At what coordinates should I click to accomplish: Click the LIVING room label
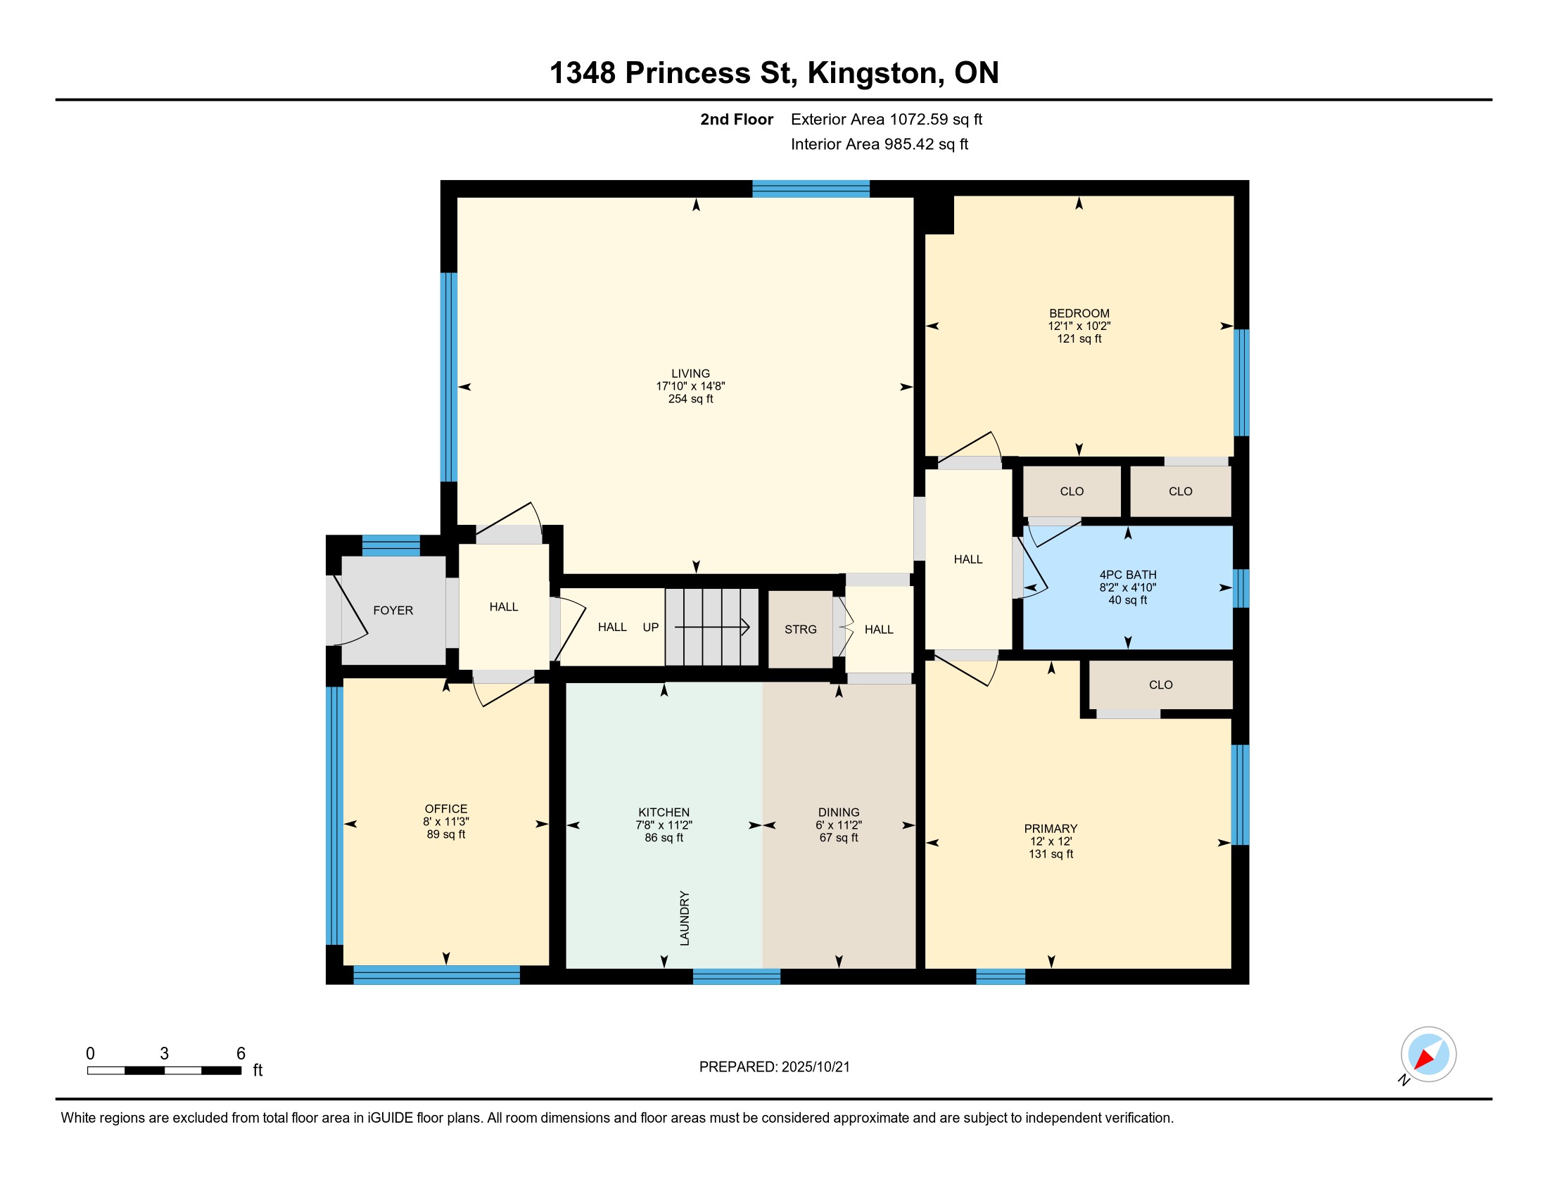coord(690,374)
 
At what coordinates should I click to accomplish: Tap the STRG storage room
coord(800,629)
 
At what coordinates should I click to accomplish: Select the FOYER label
coord(393,610)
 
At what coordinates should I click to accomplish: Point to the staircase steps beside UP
coord(711,627)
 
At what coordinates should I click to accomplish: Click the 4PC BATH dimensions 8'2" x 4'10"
coord(1128,587)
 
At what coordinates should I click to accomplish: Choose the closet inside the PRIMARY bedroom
coord(1160,685)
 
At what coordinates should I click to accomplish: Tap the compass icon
coord(1428,1055)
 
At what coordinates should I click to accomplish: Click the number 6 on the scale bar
coord(241,1054)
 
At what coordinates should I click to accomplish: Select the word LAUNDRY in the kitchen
coord(685,918)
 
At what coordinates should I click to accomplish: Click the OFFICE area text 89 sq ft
coord(446,834)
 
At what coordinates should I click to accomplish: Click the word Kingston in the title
coord(876,73)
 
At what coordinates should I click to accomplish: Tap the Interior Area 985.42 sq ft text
coord(880,144)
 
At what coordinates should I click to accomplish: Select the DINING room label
coord(839,812)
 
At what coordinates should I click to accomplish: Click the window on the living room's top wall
coord(811,189)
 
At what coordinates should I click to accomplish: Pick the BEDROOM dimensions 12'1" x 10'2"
coord(1079,326)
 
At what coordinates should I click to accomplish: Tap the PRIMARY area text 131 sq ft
coord(1051,855)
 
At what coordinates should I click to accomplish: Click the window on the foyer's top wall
coord(391,545)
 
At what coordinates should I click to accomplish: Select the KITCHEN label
coord(664,812)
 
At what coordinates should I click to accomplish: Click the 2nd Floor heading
coord(737,119)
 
